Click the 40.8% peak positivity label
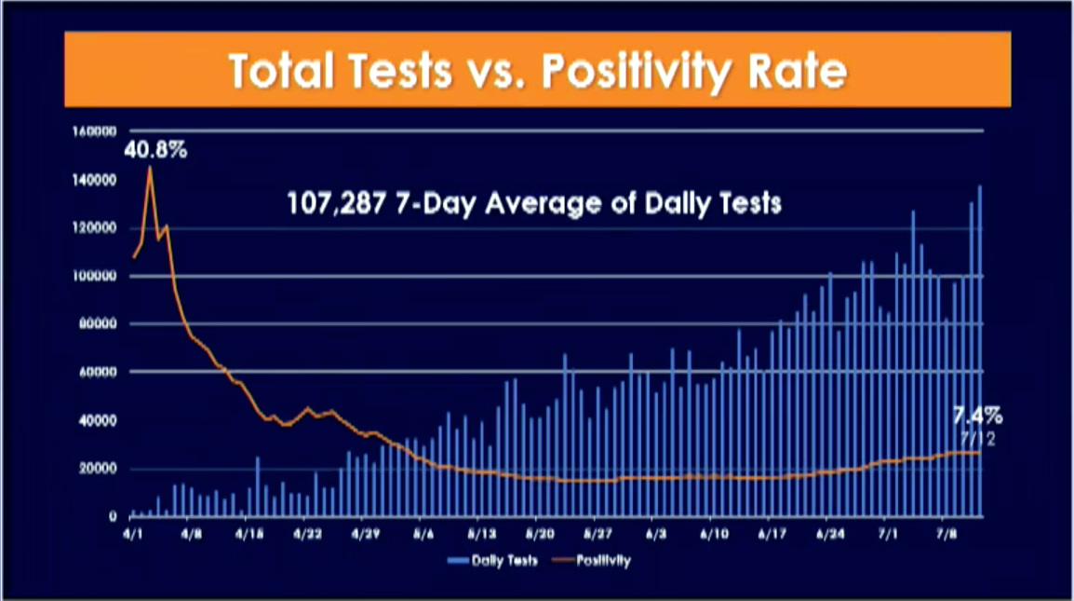154,148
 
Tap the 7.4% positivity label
976,416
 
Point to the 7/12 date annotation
979,438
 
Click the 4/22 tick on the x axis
308,537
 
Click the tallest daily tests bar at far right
979,350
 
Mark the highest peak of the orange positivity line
150,169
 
